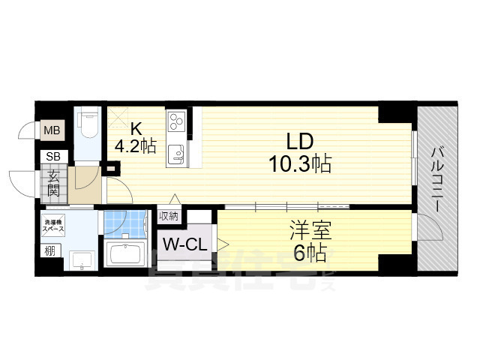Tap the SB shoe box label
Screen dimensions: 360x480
pyautogui.click(x=54, y=156)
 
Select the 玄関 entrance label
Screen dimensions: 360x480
pyautogui.click(x=55, y=184)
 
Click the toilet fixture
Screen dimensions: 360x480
pyautogui.click(x=87, y=126)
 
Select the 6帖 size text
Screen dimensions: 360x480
pyautogui.click(x=310, y=253)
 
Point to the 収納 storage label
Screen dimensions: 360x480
pyautogui.click(x=169, y=216)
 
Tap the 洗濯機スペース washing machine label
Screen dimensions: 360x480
pyautogui.click(x=54, y=223)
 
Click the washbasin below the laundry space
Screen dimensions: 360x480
pyautogui.click(x=80, y=259)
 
